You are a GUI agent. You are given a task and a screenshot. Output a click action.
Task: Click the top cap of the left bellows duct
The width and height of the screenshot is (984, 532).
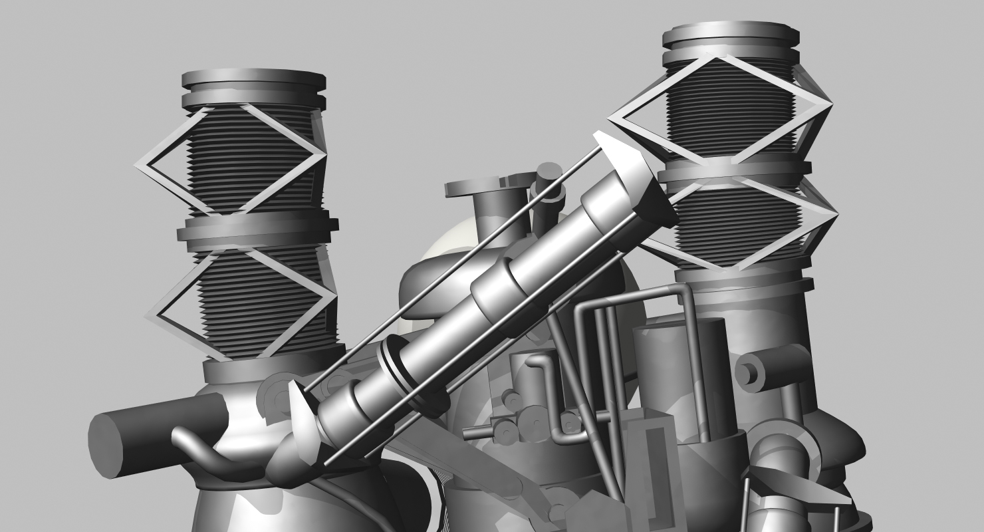[x=254, y=78]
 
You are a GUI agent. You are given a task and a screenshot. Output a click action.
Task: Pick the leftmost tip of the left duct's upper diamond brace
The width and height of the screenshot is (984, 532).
[x=138, y=166]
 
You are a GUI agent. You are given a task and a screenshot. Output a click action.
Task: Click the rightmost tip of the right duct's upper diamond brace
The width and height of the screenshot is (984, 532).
[x=831, y=106]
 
